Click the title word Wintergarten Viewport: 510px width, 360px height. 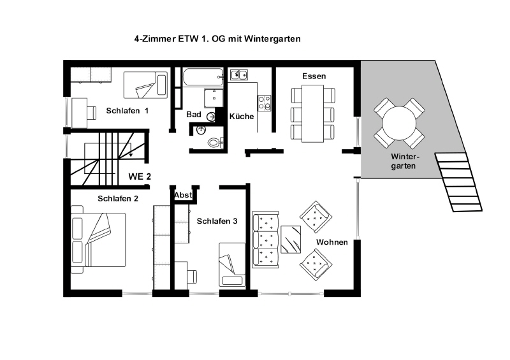tap(272, 39)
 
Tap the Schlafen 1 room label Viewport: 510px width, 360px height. tap(127, 111)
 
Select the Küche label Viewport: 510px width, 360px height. tap(242, 117)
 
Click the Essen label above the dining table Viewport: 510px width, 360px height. tap(314, 76)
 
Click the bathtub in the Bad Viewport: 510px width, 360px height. tap(203, 77)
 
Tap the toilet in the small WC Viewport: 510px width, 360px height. tap(215, 142)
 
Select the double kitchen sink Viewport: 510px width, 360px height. tap(239, 75)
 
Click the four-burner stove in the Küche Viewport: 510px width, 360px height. tap(264, 103)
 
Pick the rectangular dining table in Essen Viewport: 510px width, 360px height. tap(312, 113)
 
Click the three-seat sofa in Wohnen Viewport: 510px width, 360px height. tap(265, 240)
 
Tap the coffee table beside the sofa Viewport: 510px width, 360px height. tap(291, 240)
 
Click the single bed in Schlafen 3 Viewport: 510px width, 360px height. tap(232, 264)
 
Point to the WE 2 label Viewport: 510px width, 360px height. tap(140, 176)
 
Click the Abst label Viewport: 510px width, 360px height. tap(183, 195)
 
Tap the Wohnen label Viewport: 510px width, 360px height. tap(331, 242)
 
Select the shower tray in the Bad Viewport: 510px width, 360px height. tap(214, 98)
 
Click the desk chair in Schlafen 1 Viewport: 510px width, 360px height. tap(91, 113)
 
